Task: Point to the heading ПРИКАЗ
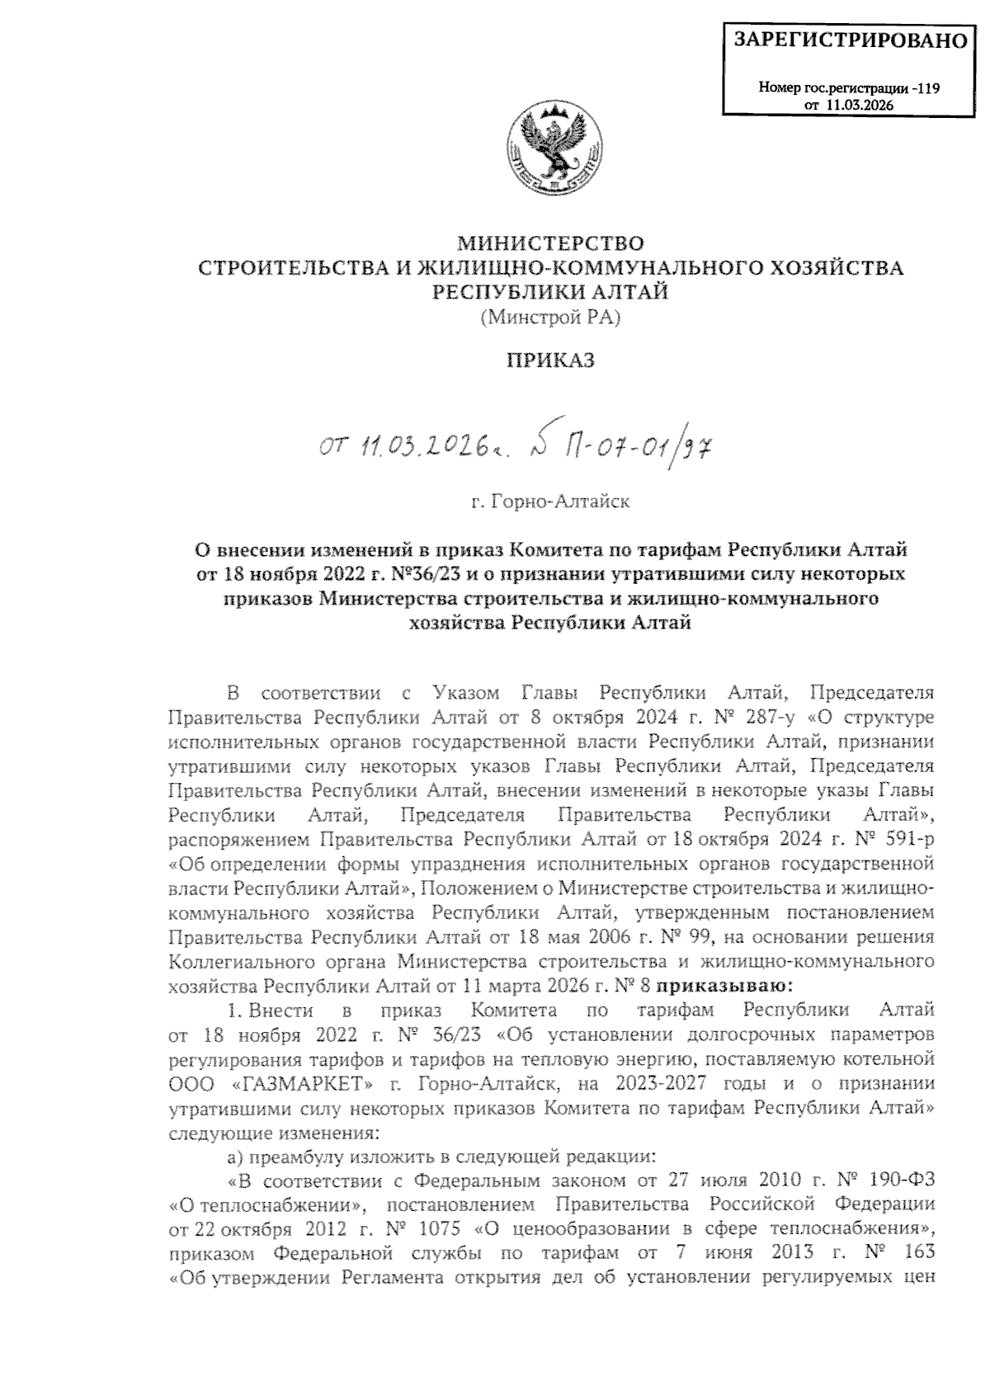pyautogui.click(x=550, y=360)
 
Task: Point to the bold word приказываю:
pyautogui.click(x=724, y=985)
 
